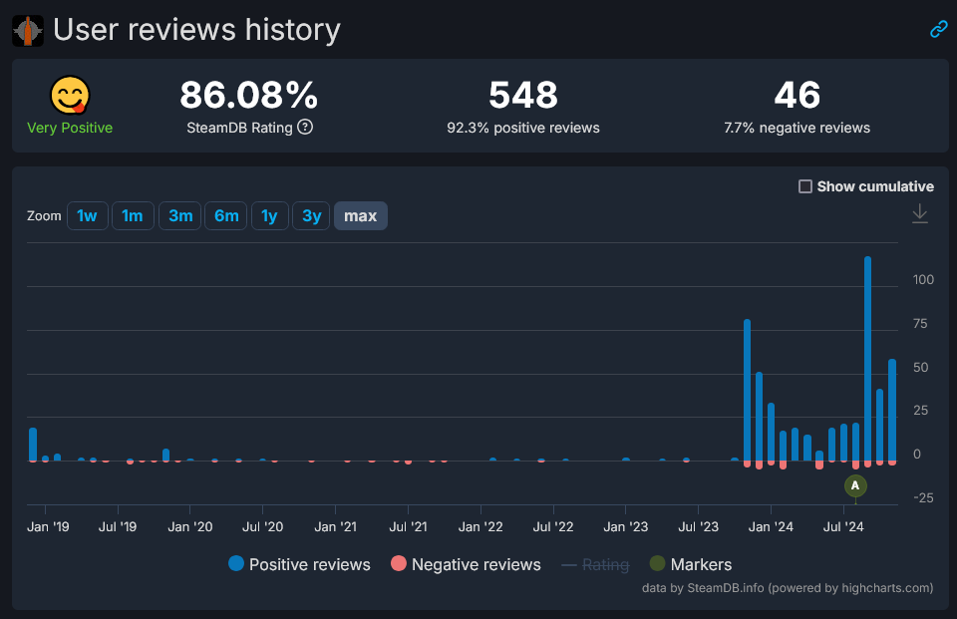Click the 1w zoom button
88,215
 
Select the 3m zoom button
180,215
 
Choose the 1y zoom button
269,215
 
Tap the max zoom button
360,215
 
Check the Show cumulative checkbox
805,186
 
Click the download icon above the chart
920,213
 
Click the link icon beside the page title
938,29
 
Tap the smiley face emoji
70,96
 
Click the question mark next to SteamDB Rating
306,128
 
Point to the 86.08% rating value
249,96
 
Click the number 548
523,96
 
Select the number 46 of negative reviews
797,96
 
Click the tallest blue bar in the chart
867,359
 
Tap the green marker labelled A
855,485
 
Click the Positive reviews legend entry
299,564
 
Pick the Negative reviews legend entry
466,564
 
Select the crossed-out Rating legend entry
595,564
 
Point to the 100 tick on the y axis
924,280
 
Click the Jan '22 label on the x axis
481,526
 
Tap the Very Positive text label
70,128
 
